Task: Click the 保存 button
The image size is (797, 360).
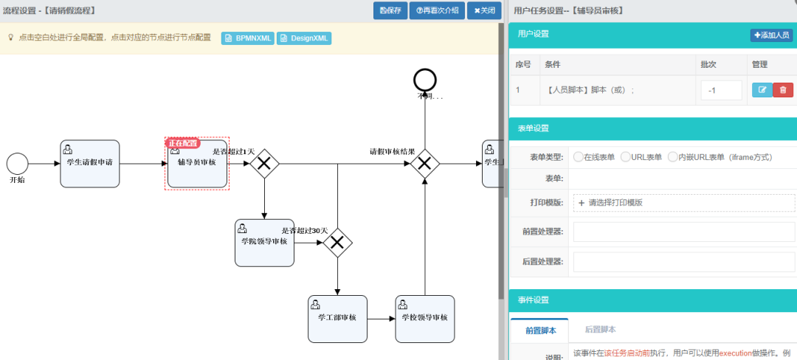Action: pyautogui.click(x=390, y=11)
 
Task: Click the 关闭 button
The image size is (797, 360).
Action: pyautogui.click(x=484, y=11)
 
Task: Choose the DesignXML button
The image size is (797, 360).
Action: pyautogui.click(x=304, y=37)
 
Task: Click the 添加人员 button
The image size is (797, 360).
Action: pyautogui.click(x=771, y=35)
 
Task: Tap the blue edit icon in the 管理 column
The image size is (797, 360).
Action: pyautogui.click(x=762, y=90)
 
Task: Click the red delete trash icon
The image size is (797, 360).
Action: pyautogui.click(x=783, y=90)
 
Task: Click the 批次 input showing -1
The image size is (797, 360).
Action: pyautogui.click(x=721, y=90)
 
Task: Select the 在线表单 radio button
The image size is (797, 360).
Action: pyautogui.click(x=578, y=156)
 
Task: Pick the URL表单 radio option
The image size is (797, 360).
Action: pyautogui.click(x=626, y=156)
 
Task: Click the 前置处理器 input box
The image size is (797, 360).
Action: pyautogui.click(x=683, y=232)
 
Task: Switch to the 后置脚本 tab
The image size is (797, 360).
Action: pyautogui.click(x=600, y=330)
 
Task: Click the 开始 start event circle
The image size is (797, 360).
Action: pyautogui.click(x=17, y=163)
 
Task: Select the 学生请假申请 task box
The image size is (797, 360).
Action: pyautogui.click(x=89, y=163)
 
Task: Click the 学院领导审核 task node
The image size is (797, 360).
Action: pyautogui.click(x=264, y=243)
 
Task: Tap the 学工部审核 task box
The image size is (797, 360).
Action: pyautogui.click(x=337, y=319)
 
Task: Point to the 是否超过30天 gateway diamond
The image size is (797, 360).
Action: pyautogui.click(x=337, y=241)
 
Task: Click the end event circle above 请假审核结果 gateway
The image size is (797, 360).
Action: pyautogui.click(x=425, y=79)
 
